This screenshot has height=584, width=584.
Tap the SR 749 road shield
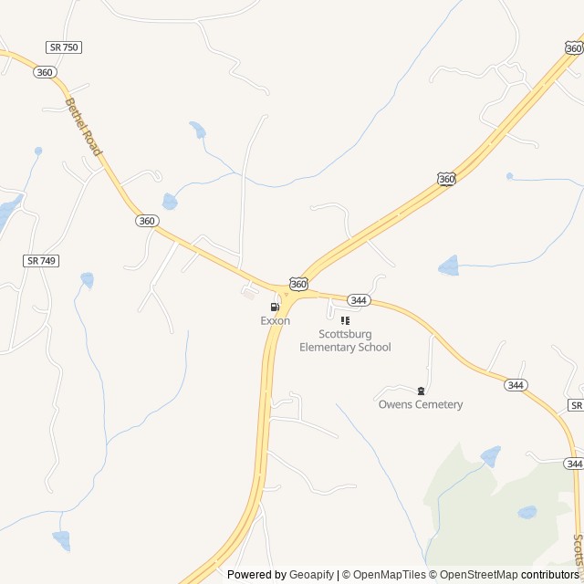tap(41, 261)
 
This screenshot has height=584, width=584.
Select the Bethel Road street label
tap(83, 129)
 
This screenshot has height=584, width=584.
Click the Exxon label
tap(275, 321)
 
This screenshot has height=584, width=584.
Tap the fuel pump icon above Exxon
tap(275, 308)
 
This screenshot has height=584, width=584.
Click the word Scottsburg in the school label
tap(345, 334)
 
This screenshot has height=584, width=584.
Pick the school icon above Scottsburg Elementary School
tap(345, 320)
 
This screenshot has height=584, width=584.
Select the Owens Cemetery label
tap(421, 404)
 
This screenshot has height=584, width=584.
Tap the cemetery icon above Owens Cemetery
tap(421, 391)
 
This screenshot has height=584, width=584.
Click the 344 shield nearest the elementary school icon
tap(359, 300)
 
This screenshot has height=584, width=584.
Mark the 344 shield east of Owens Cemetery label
tap(516, 385)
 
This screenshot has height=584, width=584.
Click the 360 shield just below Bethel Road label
tap(147, 221)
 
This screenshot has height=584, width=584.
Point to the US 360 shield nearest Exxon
tap(298, 284)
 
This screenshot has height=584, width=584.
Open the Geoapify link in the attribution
tap(311, 575)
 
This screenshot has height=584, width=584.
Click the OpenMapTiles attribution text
tap(390, 575)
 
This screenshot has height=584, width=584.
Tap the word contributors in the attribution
tap(550, 575)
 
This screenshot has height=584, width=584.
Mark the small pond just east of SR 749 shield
tap(87, 278)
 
